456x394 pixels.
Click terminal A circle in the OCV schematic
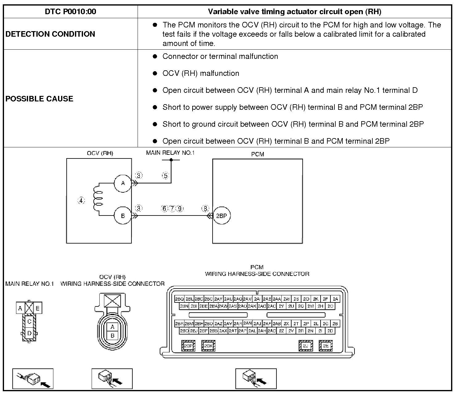coord(123,183)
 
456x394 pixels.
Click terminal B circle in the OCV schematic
coord(123,216)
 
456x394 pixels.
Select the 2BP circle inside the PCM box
coord(222,216)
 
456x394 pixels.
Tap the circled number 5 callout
coord(166,176)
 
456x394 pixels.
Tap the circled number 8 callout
coord(205,209)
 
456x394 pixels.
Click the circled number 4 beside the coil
coord(81,201)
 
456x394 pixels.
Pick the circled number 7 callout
coord(172,209)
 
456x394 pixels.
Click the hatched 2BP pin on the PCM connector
coord(188,346)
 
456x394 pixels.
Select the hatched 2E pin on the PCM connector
coord(326,346)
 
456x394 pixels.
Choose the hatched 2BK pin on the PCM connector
coord(209,346)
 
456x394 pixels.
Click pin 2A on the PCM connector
coord(335,299)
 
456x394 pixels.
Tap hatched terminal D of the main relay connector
coord(29,333)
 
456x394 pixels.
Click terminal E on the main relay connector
coord(38,308)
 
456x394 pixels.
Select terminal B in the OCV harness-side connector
coord(112,335)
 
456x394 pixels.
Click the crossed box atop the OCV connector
coord(112,301)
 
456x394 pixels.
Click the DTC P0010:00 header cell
coord(70,12)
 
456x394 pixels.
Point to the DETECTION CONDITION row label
coord(50,34)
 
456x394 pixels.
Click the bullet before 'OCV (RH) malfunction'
coord(155,73)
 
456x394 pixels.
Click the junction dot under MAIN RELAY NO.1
coord(171,160)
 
